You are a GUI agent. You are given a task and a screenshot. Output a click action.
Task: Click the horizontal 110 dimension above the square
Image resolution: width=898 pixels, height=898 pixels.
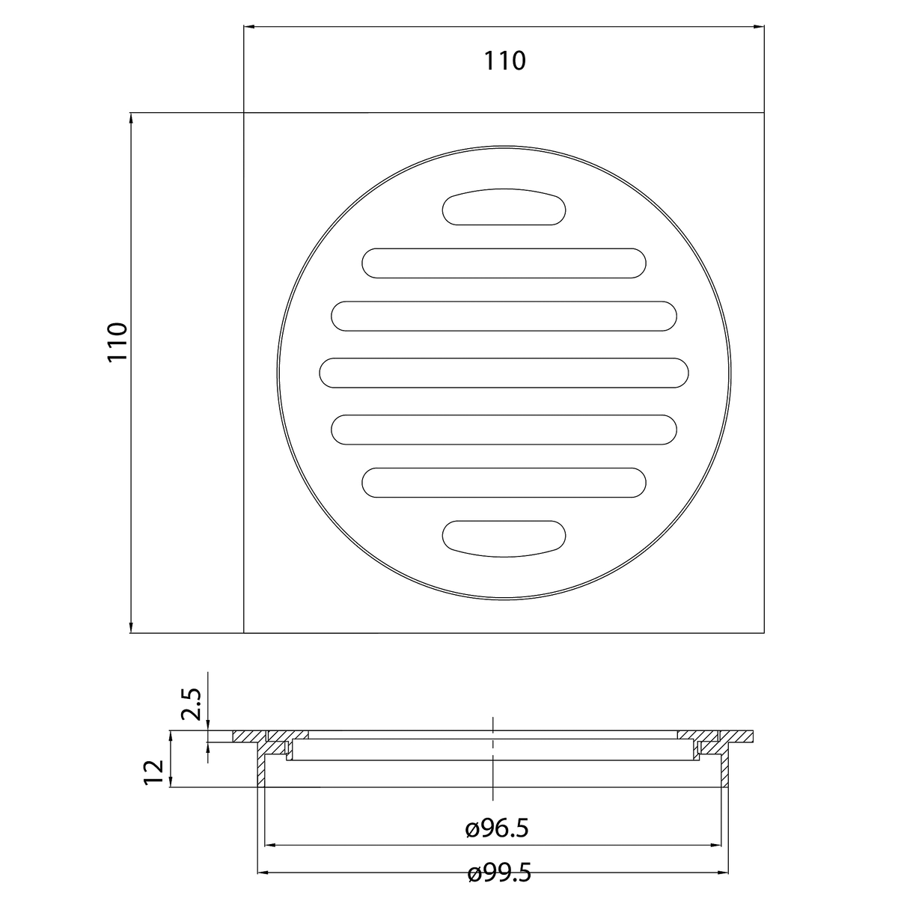504,61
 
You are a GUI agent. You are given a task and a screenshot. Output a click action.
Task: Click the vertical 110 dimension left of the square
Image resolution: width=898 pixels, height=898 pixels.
117,341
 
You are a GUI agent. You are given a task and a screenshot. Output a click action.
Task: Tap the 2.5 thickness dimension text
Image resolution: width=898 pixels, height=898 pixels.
192,704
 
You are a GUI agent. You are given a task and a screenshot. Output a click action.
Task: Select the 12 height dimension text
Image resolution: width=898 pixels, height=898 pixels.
154,772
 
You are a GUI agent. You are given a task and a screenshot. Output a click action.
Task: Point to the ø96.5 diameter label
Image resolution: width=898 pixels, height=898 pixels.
497,829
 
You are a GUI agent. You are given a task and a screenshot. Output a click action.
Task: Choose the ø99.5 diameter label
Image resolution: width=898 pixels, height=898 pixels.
499,873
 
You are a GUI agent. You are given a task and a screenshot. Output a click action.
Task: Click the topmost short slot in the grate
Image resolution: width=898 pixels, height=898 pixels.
504,207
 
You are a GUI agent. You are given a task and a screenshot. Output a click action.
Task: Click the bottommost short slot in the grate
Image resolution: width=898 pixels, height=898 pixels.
504,539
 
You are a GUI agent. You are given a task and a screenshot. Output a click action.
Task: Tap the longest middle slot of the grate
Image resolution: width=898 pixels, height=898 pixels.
504,373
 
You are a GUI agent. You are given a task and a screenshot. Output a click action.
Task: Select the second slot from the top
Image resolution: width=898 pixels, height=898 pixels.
504,263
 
